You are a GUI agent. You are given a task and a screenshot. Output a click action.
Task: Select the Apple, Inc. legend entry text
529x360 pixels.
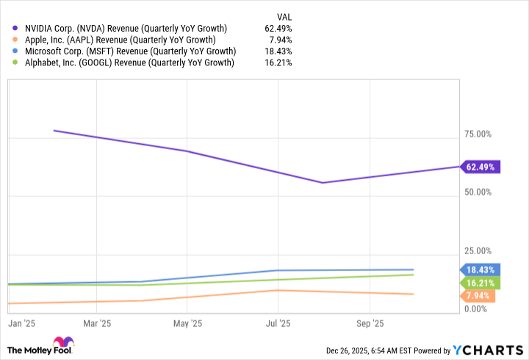tap(122, 40)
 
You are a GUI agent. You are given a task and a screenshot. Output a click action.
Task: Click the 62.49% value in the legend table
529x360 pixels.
tap(278, 28)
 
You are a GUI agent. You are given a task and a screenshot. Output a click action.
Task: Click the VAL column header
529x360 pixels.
tap(283, 15)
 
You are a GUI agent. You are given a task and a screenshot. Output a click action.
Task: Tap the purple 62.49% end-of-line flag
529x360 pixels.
tap(481, 167)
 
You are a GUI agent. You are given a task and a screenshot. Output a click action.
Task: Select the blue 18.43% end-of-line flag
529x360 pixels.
tap(480, 270)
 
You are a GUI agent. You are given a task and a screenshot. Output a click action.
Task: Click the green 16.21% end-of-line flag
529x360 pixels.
tap(480, 282)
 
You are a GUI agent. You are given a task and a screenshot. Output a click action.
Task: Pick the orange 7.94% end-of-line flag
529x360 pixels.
tap(478, 295)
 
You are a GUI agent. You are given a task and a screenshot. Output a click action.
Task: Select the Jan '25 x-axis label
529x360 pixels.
tap(21, 323)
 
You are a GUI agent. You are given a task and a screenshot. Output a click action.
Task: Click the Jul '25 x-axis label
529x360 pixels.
tap(278, 323)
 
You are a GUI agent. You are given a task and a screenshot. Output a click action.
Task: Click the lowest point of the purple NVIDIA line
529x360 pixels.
tap(322, 183)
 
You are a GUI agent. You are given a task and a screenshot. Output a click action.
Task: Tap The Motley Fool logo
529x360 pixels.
tap(40, 347)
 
